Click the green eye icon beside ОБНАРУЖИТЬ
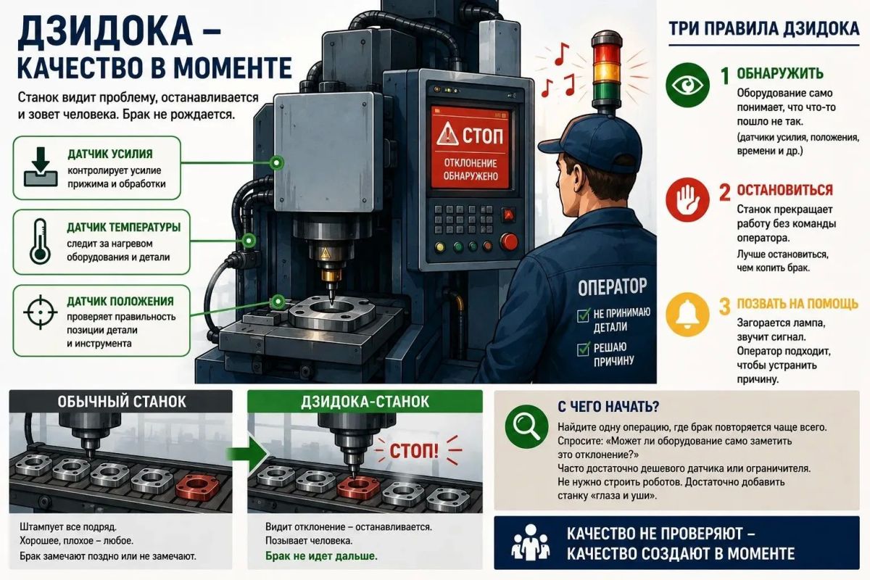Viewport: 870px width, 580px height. (687, 85)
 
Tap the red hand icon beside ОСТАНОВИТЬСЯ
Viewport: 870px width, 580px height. (687, 199)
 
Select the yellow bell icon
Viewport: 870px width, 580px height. (687, 314)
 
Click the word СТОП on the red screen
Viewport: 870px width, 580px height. (483, 136)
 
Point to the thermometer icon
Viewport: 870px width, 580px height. (40, 241)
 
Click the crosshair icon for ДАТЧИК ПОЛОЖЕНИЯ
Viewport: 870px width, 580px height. (41, 312)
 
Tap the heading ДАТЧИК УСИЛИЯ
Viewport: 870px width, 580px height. (110, 154)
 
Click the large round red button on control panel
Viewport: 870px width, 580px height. (509, 241)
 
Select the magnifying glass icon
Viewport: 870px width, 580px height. (526, 426)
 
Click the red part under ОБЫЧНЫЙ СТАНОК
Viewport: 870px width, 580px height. (197, 486)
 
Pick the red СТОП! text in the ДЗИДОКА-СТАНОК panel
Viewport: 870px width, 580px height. (414, 451)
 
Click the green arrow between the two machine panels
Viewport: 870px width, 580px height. (248, 453)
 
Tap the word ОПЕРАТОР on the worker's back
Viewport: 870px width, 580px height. (612, 287)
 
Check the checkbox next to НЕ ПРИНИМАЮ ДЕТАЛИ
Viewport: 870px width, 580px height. (583, 315)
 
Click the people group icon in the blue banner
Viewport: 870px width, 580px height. (531, 543)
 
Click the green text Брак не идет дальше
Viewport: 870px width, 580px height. (321, 556)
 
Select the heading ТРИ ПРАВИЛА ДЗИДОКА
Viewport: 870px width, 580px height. (764, 29)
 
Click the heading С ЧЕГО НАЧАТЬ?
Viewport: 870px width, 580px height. (608, 407)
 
